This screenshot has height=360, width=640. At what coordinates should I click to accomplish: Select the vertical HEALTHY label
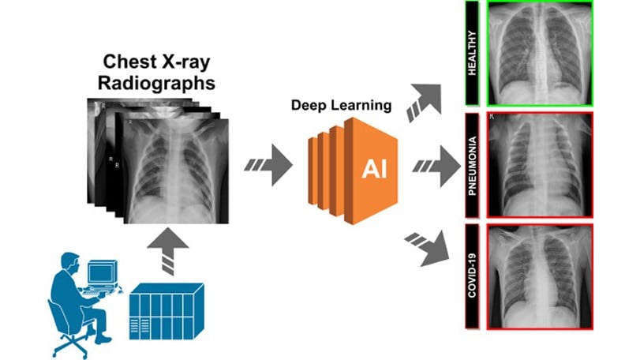click(473, 53)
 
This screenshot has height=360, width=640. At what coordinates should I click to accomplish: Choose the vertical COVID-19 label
click(473, 276)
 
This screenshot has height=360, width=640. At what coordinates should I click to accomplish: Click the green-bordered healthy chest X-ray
click(539, 53)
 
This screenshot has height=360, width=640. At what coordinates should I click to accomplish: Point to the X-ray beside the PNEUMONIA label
click(539, 164)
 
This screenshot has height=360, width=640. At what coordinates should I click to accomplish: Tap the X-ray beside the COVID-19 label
click(539, 276)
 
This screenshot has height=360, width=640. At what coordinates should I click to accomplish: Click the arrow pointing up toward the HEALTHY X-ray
click(425, 101)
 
